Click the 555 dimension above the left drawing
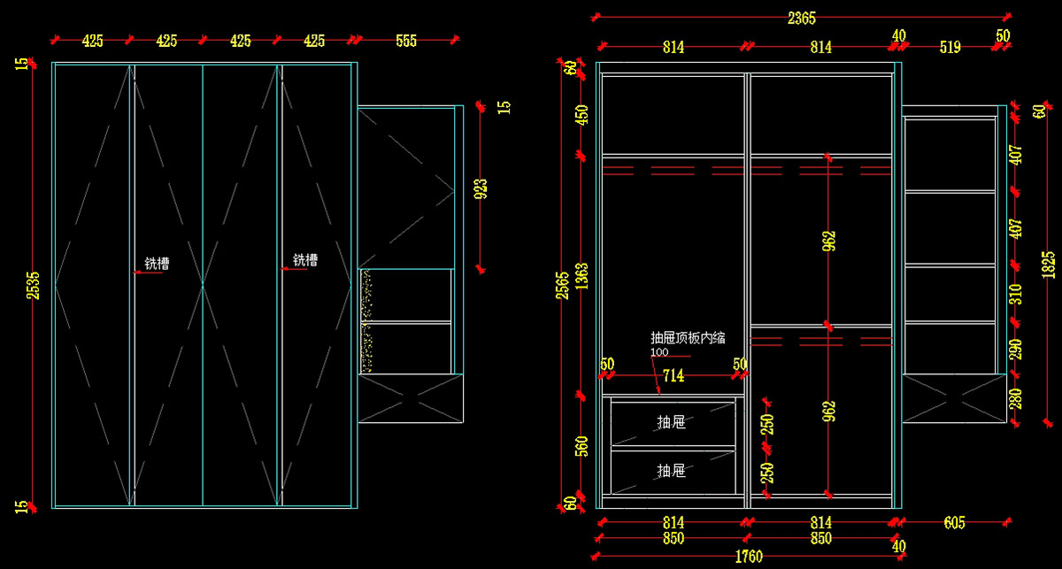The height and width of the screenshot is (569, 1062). pyautogui.click(x=406, y=41)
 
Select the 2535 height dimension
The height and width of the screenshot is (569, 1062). pyautogui.click(x=34, y=285)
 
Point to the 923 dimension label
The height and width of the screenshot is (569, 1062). pyautogui.click(x=481, y=188)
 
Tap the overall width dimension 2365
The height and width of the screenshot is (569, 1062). pyautogui.click(x=801, y=18)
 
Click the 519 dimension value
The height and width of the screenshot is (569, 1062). pyautogui.click(x=950, y=48)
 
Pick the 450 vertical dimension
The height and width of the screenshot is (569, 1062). pyautogui.click(x=582, y=116)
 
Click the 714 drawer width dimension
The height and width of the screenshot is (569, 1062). pyautogui.click(x=673, y=376)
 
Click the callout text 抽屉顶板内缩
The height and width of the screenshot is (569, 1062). pyautogui.click(x=688, y=337)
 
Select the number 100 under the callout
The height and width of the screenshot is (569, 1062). pyautogui.click(x=659, y=352)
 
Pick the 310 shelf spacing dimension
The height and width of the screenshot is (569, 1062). pyautogui.click(x=1016, y=294)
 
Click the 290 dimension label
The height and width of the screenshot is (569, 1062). pyautogui.click(x=1016, y=349)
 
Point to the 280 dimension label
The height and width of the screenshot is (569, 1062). pyautogui.click(x=1016, y=398)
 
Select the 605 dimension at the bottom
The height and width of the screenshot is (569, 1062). pyautogui.click(x=954, y=523)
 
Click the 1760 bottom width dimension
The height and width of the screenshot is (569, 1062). pyautogui.click(x=748, y=557)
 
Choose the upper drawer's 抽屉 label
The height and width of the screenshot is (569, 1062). pyautogui.click(x=672, y=422)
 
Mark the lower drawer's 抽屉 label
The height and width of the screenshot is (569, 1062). pyautogui.click(x=672, y=471)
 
